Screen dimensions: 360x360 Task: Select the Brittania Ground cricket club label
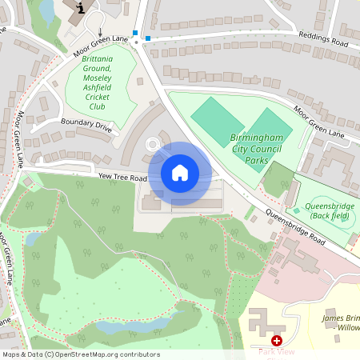(97, 82)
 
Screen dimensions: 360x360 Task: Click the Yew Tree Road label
(122, 178)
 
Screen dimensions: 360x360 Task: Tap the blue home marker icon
(180, 173)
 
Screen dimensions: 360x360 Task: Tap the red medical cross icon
(277, 340)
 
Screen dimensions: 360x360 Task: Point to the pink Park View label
(277, 350)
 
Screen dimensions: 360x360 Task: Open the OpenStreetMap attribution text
(81, 354)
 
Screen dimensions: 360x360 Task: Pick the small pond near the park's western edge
(34, 238)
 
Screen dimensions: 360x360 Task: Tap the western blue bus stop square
(136, 34)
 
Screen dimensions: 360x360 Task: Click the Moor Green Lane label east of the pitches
(320, 121)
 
